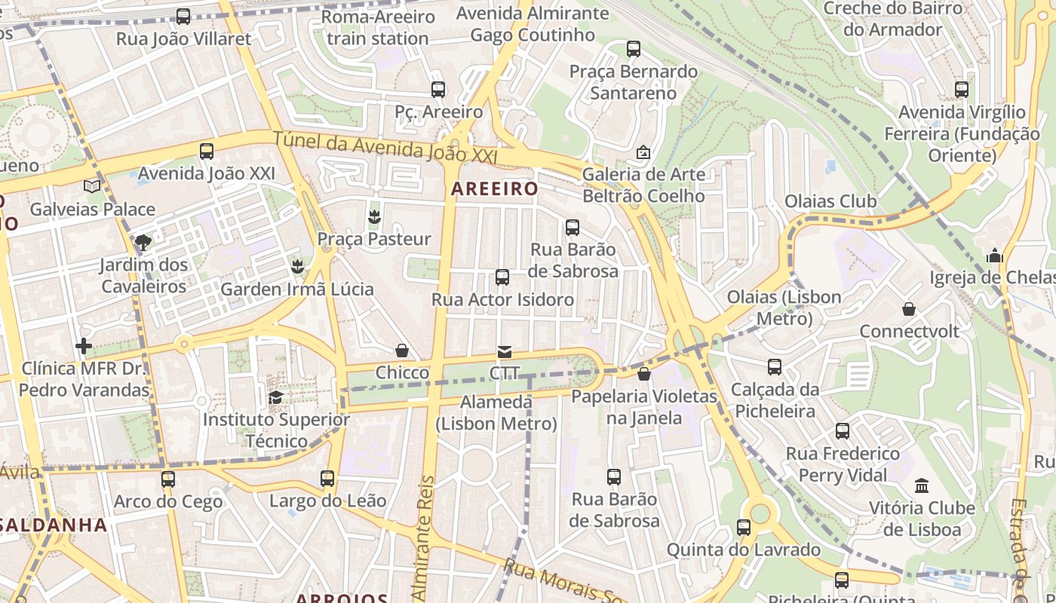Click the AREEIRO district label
click(494, 188)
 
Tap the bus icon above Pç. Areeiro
click(437, 90)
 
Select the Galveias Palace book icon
click(92, 186)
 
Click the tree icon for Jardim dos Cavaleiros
click(143, 242)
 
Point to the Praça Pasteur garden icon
click(373, 217)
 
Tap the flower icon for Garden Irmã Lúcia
click(297, 266)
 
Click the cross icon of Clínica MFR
click(84, 346)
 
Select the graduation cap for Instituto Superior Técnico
click(276, 397)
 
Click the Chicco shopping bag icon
click(402, 350)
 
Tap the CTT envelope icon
click(504, 351)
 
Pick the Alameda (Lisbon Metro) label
click(496, 413)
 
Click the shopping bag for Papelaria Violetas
click(644, 374)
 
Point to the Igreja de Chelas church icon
click(995, 256)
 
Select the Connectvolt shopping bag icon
click(909, 309)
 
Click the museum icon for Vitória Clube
click(921, 485)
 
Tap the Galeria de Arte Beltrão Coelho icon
click(643, 152)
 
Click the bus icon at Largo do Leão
click(327, 479)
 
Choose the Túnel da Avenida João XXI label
click(385, 147)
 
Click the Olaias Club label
click(830, 201)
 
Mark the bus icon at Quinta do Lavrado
click(744, 528)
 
